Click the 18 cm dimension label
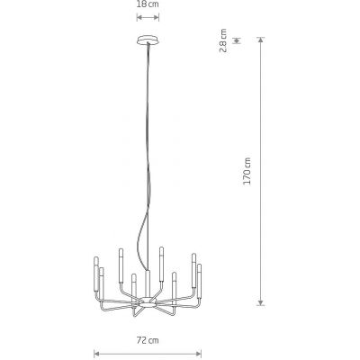pyautogui.click(x=146, y=4)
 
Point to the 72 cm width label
pyautogui.click(x=146, y=340)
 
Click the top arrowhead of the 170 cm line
pyautogui.click(x=262, y=40)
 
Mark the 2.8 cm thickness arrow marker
pyautogui.click(x=236, y=40)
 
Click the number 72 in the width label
pyautogui.click(x=141, y=340)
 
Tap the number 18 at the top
pyautogui.click(x=141, y=4)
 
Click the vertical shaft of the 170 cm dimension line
pyautogui.click(x=262, y=171)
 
